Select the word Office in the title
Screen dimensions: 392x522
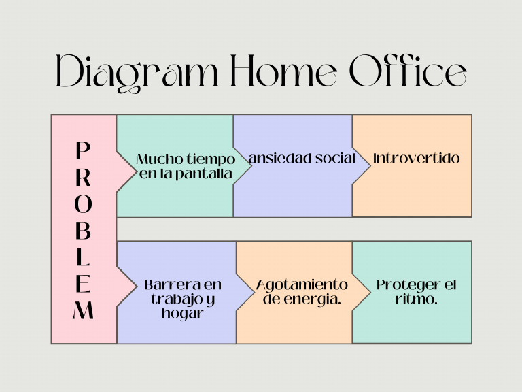point(408,71)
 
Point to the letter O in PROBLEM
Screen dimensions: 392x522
point(82,204)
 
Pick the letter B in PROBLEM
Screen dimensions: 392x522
point(82,231)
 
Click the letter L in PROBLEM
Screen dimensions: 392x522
point(82,258)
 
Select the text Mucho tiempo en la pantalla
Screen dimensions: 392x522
point(186,167)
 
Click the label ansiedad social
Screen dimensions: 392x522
point(302,159)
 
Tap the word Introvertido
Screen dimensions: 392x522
point(417,159)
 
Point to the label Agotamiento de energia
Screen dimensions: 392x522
point(302,292)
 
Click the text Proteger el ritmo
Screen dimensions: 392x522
point(417,292)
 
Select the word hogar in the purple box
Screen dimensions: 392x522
point(183,314)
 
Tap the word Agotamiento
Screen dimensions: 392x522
point(302,284)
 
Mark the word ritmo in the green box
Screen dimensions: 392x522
point(415,299)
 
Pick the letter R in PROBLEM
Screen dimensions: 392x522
point(82,177)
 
